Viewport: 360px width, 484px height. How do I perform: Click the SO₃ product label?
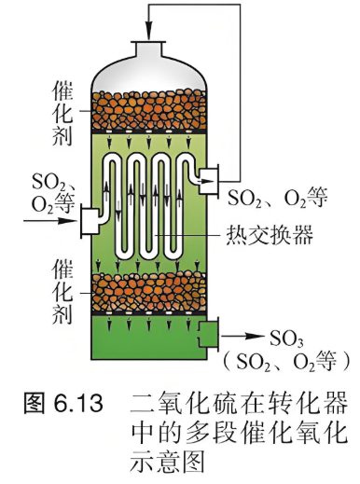coord(285,339)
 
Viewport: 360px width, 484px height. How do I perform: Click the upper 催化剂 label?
coord(62,113)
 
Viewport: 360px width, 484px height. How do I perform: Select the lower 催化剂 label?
coord(62,291)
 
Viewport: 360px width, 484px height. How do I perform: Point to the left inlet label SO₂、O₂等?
coord(53,193)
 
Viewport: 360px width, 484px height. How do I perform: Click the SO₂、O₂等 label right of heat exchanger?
coord(278,198)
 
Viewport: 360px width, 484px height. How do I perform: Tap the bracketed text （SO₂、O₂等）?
coord(285,361)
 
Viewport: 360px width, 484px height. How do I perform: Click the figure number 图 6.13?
coord(63,403)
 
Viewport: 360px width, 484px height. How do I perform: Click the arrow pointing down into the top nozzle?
coord(149,22)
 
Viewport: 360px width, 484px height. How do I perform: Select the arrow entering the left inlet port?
coord(49,221)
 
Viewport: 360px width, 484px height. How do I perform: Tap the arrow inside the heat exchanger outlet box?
coord(208,181)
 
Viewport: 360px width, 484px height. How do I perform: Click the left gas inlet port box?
coord(90,221)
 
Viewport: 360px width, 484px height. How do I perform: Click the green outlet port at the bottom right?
coord(209,334)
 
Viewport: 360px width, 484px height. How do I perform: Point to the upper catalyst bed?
coord(149,110)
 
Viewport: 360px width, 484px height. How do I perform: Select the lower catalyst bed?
coord(149,292)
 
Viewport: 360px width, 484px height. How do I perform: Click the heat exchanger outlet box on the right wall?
coord(209,181)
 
